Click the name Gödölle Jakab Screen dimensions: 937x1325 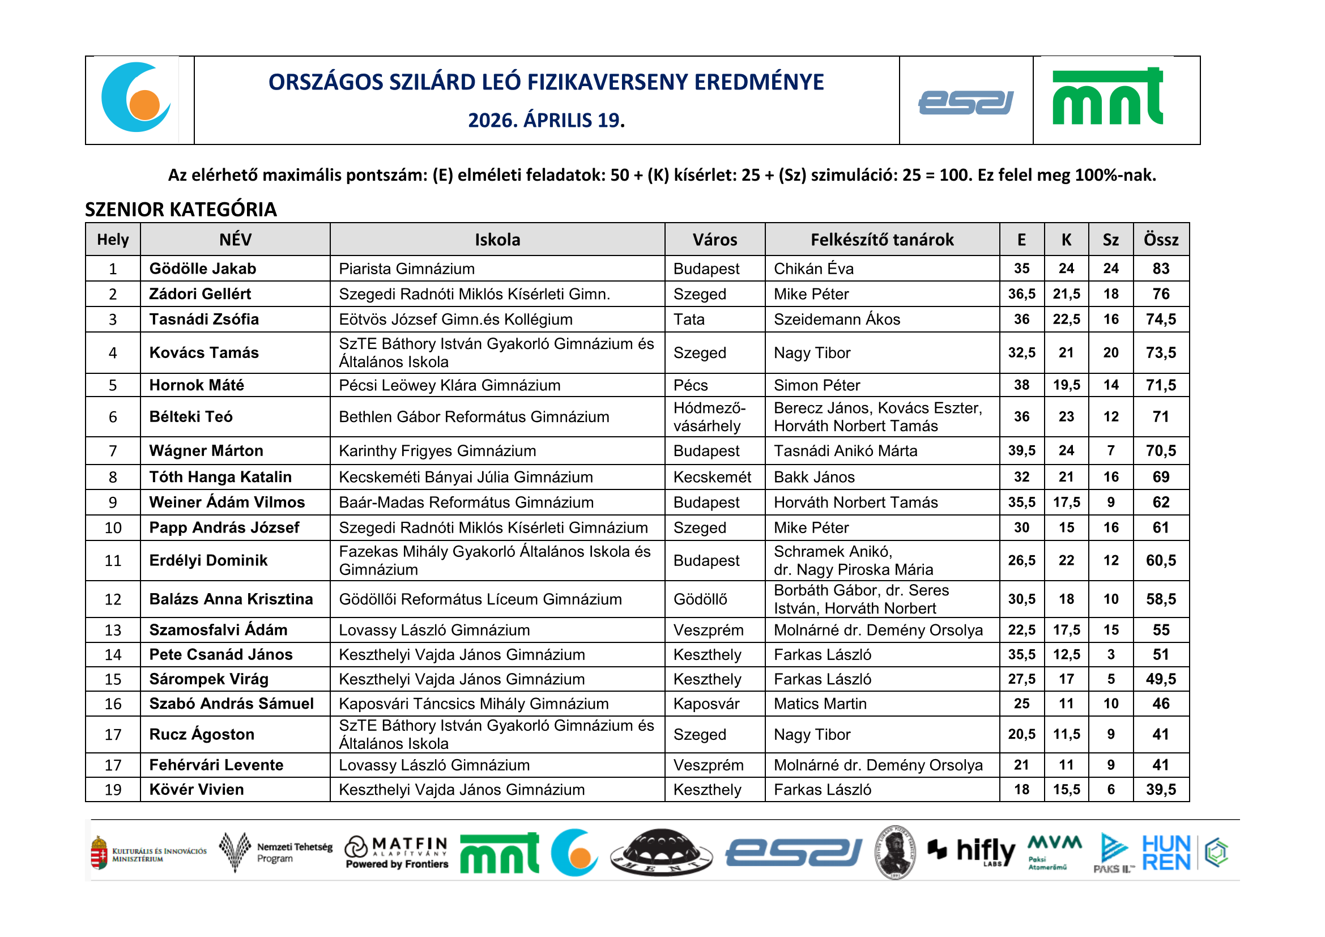point(203,269)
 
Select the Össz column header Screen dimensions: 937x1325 point(1161,240)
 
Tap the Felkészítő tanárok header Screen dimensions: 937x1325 point(881,240)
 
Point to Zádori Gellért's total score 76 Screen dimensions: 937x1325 point(1161,294)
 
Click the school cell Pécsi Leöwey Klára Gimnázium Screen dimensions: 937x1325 point(450,385)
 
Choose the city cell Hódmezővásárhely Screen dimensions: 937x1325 point(709,417)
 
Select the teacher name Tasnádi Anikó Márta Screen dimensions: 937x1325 point(845,451)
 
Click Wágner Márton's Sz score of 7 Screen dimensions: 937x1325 point(1110,450)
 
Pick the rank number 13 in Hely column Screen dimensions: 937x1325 point(113,631)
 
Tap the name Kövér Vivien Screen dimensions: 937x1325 point(196,790)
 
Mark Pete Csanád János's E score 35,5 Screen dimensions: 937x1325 point(1021,655)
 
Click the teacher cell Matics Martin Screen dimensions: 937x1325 point(820,704)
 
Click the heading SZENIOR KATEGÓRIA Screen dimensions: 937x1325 point(181,210)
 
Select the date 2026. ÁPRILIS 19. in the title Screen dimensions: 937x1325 point(546,120)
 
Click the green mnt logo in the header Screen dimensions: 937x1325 point(1107,98)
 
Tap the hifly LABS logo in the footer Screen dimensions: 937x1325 point(972,851)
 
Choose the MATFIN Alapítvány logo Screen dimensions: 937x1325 point(397,852)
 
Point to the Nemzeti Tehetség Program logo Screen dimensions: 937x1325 point(276,852)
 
